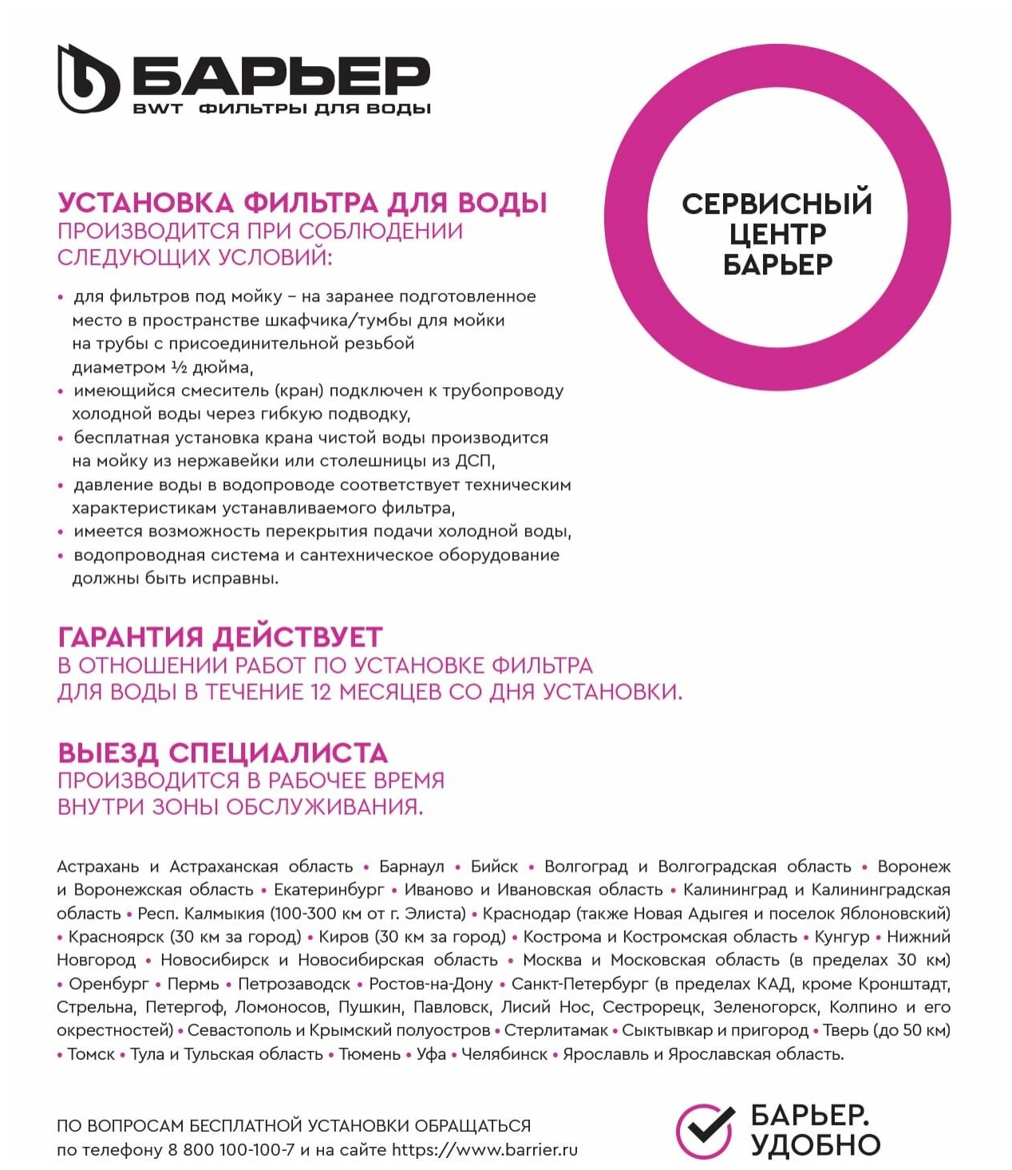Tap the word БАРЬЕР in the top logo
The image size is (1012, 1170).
tap(281, 76)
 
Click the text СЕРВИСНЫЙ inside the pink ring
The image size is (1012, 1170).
tap(777, 204)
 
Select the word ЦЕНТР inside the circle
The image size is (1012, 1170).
tap(777, 234)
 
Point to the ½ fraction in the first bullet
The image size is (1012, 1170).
tap(179, 367)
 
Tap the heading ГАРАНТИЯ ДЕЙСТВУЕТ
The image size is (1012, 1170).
tap(220, 637)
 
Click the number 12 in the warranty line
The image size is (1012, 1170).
tap(321, 691)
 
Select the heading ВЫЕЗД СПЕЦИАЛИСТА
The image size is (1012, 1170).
tap(223, 752)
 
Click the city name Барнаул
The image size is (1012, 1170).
tap(411, 867)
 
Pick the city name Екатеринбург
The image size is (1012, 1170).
tap(329, 890)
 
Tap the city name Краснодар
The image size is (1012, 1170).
tap(526, 913)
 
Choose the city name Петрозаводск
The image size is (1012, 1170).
tap(294, 984)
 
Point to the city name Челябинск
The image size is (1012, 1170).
tap(504, 1054)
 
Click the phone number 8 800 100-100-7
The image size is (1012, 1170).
tap(231, 1150)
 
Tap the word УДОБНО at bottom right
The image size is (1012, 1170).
tap(815, 1145)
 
